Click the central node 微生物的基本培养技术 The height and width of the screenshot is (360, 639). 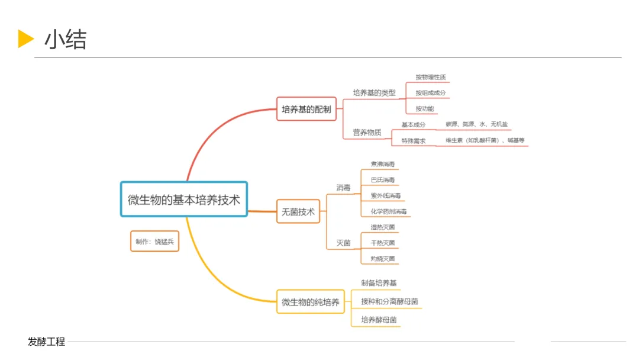[x=183, y=200]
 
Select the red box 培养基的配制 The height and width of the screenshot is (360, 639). [x=306, y=109]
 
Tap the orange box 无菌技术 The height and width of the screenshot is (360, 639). [x=298, y=211]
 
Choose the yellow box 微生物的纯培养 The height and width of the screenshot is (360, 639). [x=311, y=302]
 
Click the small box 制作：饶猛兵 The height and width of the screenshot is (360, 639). [x=154, y=242]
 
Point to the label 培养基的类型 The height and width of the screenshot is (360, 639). [x=374, y=93]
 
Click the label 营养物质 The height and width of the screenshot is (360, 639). [x=367, y=133]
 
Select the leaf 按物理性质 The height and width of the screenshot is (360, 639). [x=431, y=77]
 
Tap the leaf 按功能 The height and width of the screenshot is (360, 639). [x=424, y=109]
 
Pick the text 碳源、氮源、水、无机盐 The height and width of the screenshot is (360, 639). [x=476, y=124]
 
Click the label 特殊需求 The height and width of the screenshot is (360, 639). [x=413, y=141]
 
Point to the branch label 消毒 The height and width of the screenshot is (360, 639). [x=343, y=188]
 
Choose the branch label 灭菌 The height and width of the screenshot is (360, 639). [x=343, y=243]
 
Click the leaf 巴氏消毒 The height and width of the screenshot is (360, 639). [x=382, y=179]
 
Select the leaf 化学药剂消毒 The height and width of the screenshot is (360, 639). [x=388, y=211]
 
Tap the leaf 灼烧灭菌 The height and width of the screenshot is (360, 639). [x=382, y=259]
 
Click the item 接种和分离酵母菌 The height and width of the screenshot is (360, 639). [x=389, y=301]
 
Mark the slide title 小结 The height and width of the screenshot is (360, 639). [x=65, y=40]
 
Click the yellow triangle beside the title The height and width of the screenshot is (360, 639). [x=25, y=38]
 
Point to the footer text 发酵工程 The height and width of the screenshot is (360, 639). [x=46, y=342]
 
